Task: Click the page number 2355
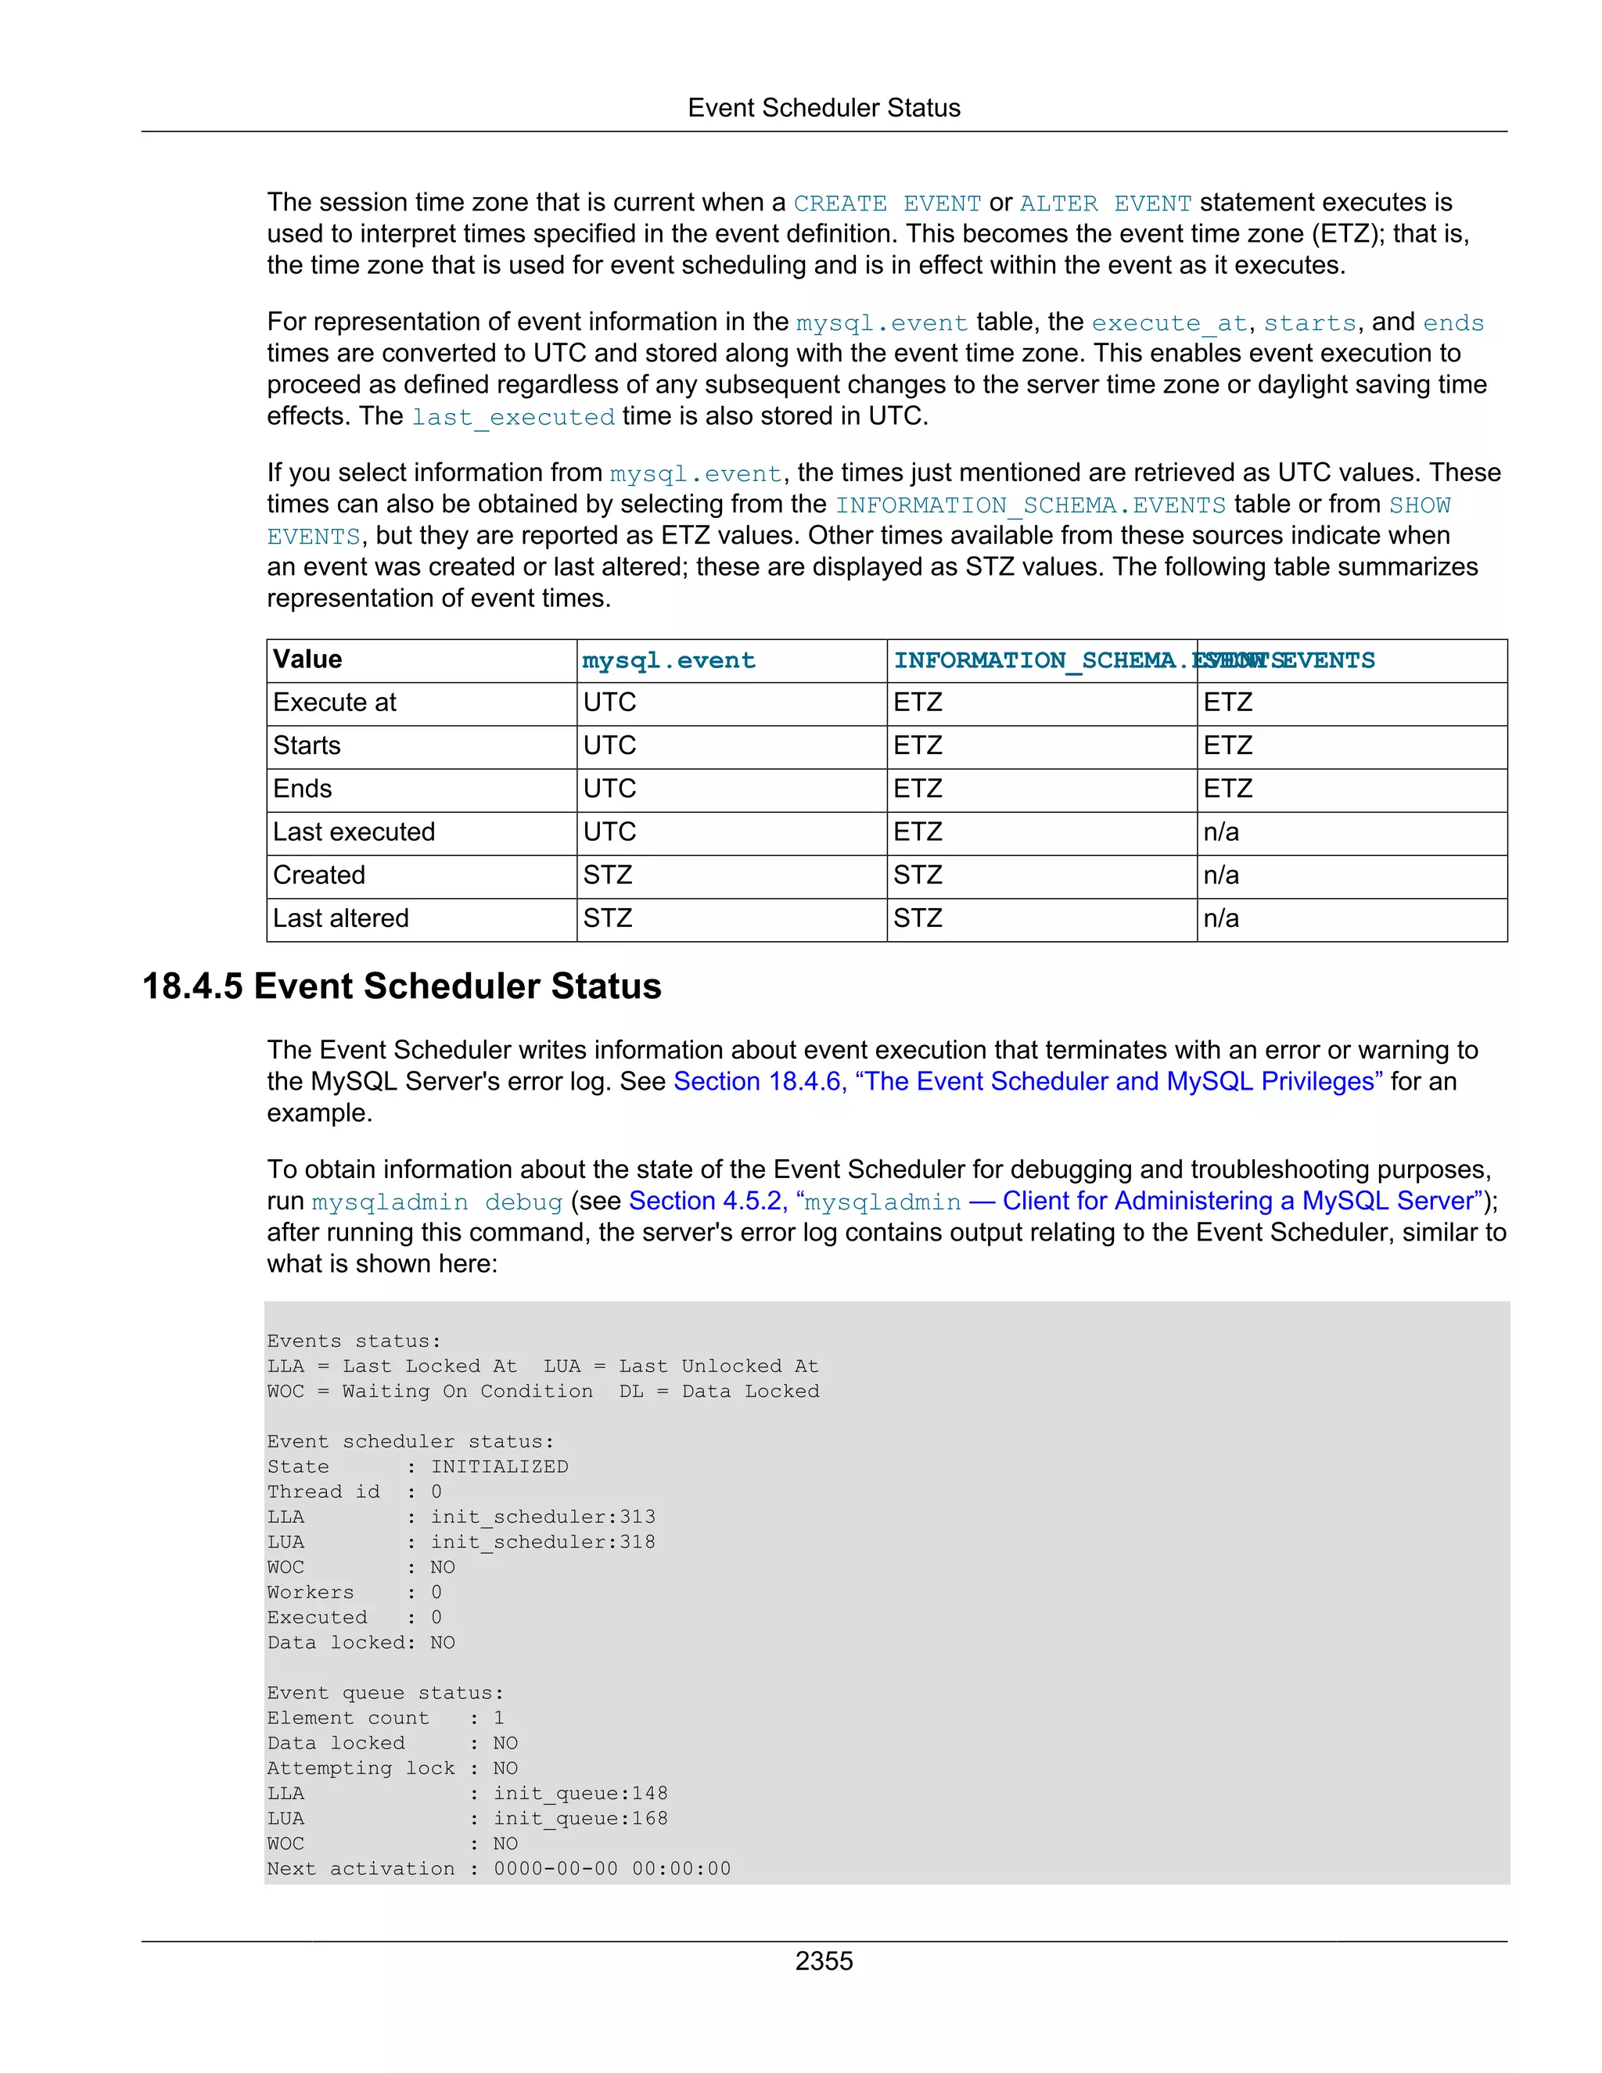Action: pyautogui.click(x=824, y=1961)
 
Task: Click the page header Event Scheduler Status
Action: pyautogui.click(x=824, y=108)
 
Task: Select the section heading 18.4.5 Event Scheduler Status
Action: pyautogui.click(x=401, y=986)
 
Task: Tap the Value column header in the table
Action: pyautogui.click(x=307, y=659)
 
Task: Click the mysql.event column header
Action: pyautogui.click(x=669, y=661)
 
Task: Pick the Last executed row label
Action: pyautogui.click(x=354, y=832)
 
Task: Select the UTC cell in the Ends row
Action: pyautogui.click(x=610, y=789)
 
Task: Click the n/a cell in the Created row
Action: pyautogui.click(x=1221, y=875)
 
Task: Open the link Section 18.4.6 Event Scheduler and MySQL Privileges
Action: pyautogui.click(x=1028, y=1082)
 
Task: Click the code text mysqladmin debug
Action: pyautogui.click(x=437, y=1202)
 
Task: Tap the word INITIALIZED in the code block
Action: pyautogui.click(x=500, y=1467)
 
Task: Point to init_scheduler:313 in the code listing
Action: pyautogui.click(x=543, y=1517)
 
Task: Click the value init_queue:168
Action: pyautogui.click(x=581, y=1819)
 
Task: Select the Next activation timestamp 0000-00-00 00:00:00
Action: pyautogui.click(x=612, y=1869)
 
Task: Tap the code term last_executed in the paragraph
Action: pyautogui.click(x=513, y=418)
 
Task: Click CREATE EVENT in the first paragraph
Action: pyautogui.click(x=887, y=204)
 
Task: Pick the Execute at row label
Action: pyautogui.click(x=335, y=702)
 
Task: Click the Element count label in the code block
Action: pyautogui.click(x=347, y=1718)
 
